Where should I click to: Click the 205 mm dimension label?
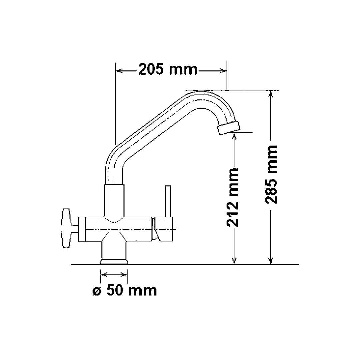tap(168, 70)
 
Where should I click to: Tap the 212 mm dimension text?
tap(233, 197)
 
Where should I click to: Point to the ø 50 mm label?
tap(125, 290)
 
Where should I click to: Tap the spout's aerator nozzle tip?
tap(229, 128)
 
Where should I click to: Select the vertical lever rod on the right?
tap(168, 202)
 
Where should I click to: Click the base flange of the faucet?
tap(114, 262)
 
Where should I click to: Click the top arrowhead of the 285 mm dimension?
tap(271, 94)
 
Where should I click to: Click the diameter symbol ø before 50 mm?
tap(96, 291)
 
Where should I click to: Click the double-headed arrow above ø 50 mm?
tap(114, 275)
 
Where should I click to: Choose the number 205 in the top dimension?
tap(151, 70)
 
